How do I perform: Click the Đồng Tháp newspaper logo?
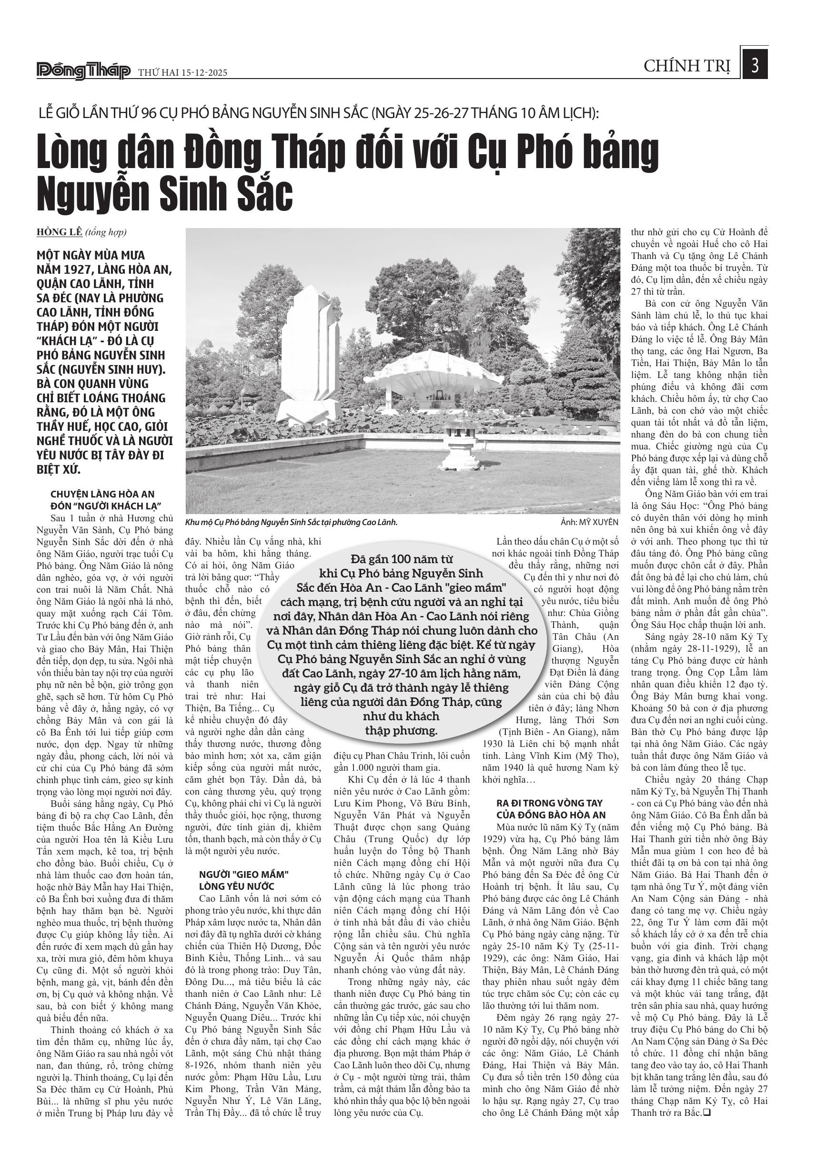click(83, 71)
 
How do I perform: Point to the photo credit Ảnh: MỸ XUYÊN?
click(589, 522)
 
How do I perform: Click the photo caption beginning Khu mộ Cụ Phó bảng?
click(292, 522)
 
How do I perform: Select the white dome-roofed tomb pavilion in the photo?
click(440, 377)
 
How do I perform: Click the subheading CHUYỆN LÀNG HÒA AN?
click(102, 494)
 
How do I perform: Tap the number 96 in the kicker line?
click(149, 113)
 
